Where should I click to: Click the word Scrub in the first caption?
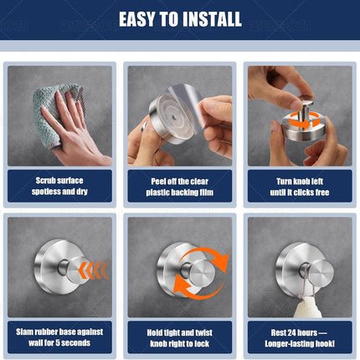point(45,181)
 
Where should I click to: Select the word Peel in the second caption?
point(158,182)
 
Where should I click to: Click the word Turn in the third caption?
point(284,182)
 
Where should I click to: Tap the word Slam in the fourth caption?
point(23,332)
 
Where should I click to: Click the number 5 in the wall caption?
point(58,342)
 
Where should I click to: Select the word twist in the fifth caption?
point(203,332)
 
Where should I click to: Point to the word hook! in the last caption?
point(325,343)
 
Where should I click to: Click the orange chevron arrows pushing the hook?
point(93,270)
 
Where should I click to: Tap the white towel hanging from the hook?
point(307,307)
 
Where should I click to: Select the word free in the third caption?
point(321,193)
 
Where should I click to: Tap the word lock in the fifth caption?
point(202,343)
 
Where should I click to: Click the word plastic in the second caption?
point(156,193)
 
